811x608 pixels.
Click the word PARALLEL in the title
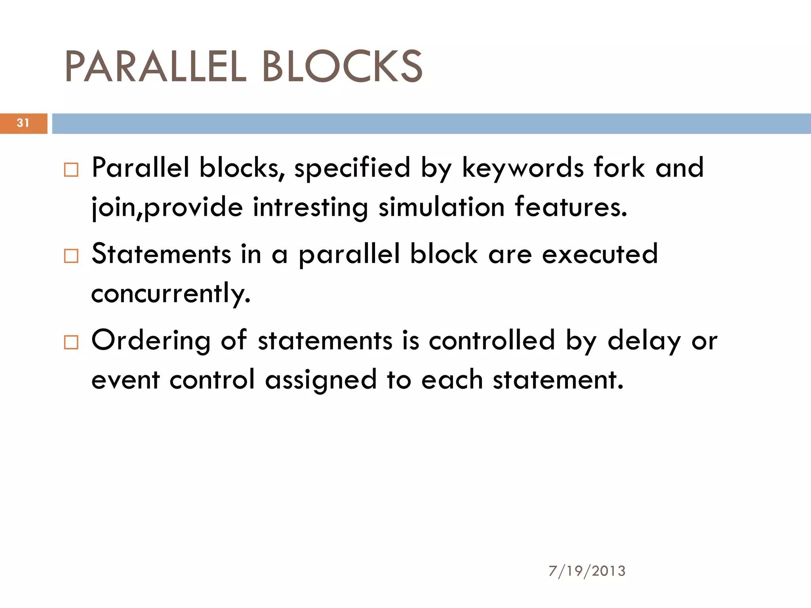tap(155, 67)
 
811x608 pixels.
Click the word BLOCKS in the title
tap(343, 67)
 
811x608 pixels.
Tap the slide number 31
tap(23, 123)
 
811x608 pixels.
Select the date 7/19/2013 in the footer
tap(587, 571)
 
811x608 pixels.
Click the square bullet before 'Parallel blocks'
tap(71, 170)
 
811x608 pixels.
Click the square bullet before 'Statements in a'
tap(71, 256)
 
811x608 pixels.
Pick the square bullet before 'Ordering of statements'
tap(71, 342)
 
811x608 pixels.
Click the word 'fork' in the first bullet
tap(619, 168)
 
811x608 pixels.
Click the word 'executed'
tap(600, 254)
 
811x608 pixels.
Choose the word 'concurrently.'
tap(171, 294)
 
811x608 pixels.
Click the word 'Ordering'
tap(151, 341)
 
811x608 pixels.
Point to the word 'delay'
tap(644, 341)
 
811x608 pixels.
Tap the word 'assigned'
tap(320, 380)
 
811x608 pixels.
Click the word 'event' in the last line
tap(125, 380)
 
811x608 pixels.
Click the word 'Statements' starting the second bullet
tap(161, 254)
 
